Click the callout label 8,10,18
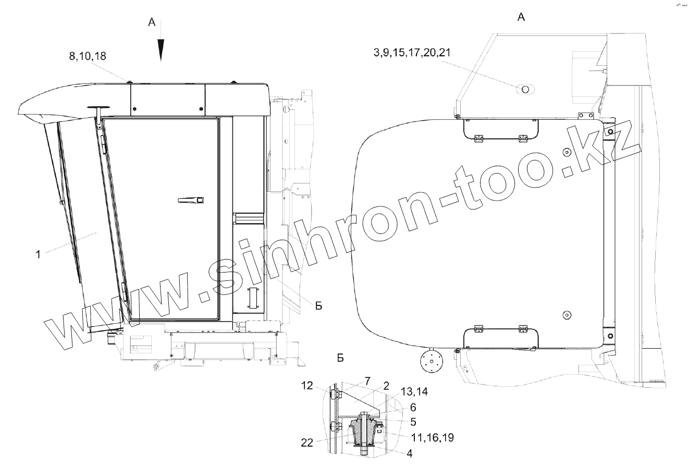pyautogui.click(x=88, y=56)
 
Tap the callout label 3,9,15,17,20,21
pyautogui.click(x=412, y=53)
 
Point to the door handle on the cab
pyautogui.click(x=191, y=200)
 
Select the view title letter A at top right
pyautogui.click(x=521, y=17)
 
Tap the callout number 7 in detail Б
pyautogui.click(x=367, y=381)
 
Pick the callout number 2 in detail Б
pyautogui.click(x=386, y=386)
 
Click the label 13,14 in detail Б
pyautogui.click(x=414, y=391)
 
